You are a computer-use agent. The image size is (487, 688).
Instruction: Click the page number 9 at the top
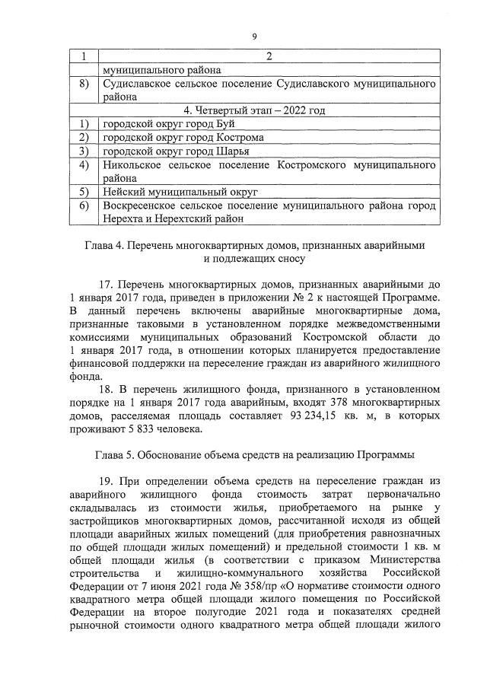click(256, 36)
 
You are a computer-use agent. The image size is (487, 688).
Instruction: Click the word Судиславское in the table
click(140, 84)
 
